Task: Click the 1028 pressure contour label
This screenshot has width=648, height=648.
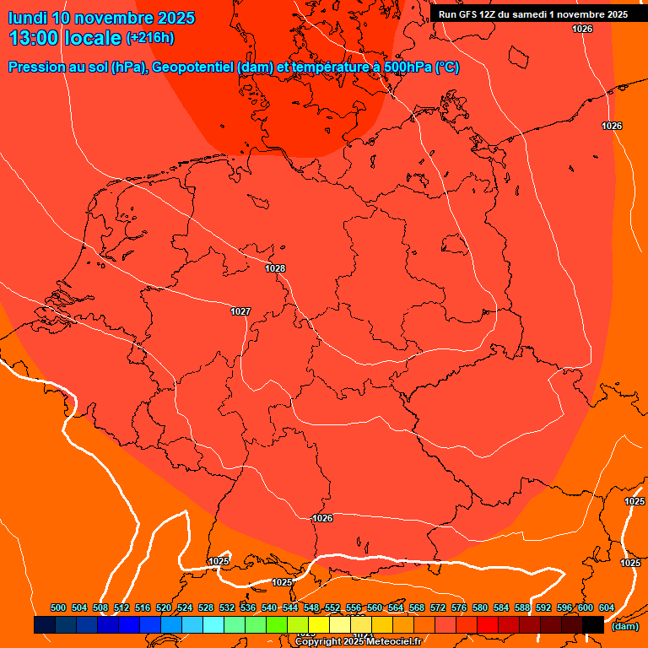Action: click(275, 269)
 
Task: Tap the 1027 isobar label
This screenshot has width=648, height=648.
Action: click(240, 311)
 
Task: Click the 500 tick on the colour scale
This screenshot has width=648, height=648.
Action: click(58, 607)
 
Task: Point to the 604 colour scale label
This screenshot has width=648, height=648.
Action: click(607, 607)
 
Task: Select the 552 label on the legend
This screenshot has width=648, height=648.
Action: click(332, 607)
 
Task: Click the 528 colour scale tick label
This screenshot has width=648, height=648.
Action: click(206, 607)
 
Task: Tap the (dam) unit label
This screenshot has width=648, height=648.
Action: click(624, 626)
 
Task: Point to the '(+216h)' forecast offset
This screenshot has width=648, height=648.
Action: click(150, 38)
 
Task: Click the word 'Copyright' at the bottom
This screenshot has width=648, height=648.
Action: click(318, 642)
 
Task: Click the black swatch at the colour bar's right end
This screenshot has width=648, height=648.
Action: click(593, 624)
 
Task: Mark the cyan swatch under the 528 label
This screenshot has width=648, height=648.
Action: click(213, 624)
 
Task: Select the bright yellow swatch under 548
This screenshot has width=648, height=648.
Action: click(319, 624)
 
